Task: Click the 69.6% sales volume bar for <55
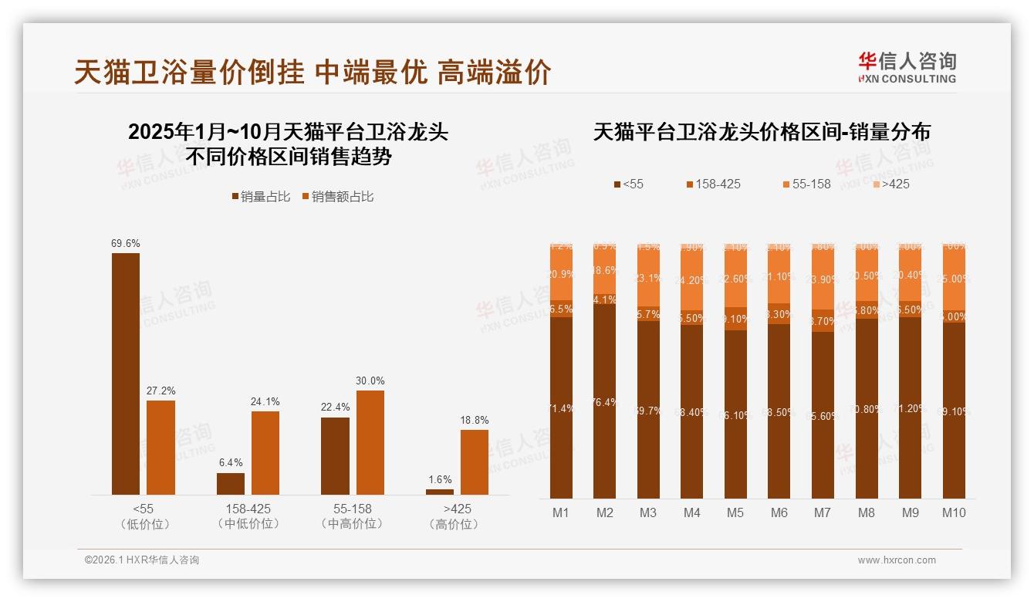[126, 374]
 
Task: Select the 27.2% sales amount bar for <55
[161, 448]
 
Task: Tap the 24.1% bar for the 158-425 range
[265, 453]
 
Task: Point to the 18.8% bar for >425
[475, 462]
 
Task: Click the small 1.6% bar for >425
[440, 492]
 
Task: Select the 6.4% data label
[231, 462]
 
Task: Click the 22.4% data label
[336, 407]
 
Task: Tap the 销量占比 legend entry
[261, 197]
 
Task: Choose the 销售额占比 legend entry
[338, 197]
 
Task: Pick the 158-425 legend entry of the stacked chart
[713, 184]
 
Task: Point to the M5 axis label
[735, 512]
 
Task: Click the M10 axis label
[954, 512]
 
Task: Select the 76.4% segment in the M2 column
[605, 402]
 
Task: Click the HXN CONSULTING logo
[907, 68]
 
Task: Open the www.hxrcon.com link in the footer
[897, 560]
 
